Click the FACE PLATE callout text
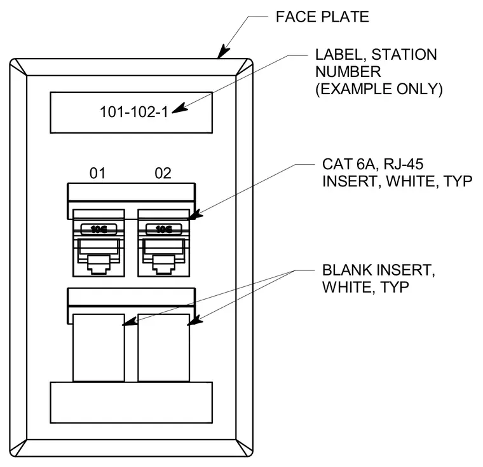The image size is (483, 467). pyautogui.click(x=322, y=17)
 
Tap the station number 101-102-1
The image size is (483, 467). pyautogui.click(x=134, y=112)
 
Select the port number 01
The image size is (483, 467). pyautogui.click(x=98, y=173)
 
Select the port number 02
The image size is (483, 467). pyautogui.click(x=163, y=173)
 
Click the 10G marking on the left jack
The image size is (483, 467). pyautogui.click(x=99, y=229)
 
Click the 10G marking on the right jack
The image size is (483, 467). pyautogui.click(x=164, y=229)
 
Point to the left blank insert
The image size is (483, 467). pyautogui.click(x=99, y=348)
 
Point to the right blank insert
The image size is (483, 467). pyautogui.click(x=164, y=348)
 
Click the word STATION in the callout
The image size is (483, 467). pyautogui.click(x=404, y=55)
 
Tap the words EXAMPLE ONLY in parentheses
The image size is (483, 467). pyautogui.click(x=379, y=89)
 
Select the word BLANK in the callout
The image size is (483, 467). pyautogui.click(x=347, y=270)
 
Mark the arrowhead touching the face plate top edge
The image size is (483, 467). pyautogui.click(x=223, y=52)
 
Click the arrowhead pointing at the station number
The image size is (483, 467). pyautogui.click(x=180, y=108)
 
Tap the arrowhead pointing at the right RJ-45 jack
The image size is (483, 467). pyautogui.click(x=195, y=215)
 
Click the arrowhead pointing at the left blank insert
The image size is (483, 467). pyautogui.click(x=130, y=321)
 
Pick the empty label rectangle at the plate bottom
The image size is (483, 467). pyautogui.click(x=131, y=403)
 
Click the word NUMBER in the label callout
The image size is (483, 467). pyautogui.click(x=348, y=72)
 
